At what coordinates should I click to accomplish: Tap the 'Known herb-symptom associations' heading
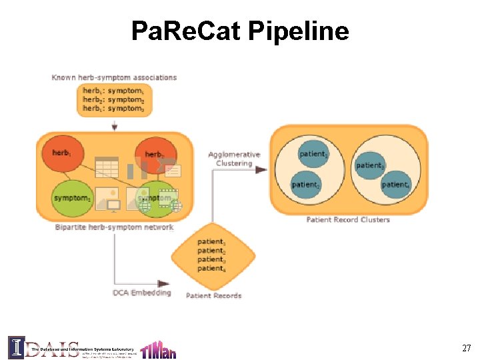114,77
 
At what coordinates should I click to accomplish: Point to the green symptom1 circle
72,197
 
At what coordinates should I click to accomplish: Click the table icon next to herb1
106,166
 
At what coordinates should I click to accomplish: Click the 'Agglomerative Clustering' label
233,159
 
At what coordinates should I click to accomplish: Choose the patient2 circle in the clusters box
305,183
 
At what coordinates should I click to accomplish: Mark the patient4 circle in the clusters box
395,184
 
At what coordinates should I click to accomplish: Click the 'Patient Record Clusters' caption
348,219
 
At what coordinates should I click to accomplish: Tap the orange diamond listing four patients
213,255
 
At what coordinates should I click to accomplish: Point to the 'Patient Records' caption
213,295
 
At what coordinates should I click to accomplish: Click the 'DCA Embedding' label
141,292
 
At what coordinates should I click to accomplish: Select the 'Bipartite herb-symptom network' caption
114,227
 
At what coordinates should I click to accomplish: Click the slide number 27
466,348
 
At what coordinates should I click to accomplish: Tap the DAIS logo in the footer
43,347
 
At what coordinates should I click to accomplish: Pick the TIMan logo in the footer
159,349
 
